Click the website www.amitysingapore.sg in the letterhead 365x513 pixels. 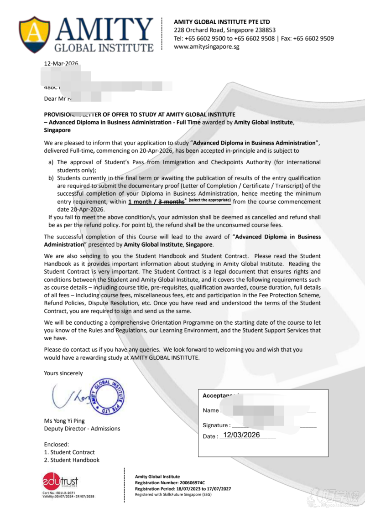point(207,47)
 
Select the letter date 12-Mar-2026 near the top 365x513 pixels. point(61,63)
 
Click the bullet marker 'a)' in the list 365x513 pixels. point(51,162)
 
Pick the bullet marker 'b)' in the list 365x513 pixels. point(51,178)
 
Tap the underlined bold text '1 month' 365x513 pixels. point(140,202)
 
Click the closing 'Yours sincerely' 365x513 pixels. point(63,373)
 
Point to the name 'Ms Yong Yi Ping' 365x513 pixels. point(64,421)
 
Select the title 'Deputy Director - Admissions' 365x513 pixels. point(82,429)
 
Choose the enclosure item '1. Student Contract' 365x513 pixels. point(69,452)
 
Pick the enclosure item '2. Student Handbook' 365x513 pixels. point(72,460)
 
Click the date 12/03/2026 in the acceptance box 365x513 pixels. point(241,435)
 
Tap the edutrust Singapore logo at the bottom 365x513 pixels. point(61,482)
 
